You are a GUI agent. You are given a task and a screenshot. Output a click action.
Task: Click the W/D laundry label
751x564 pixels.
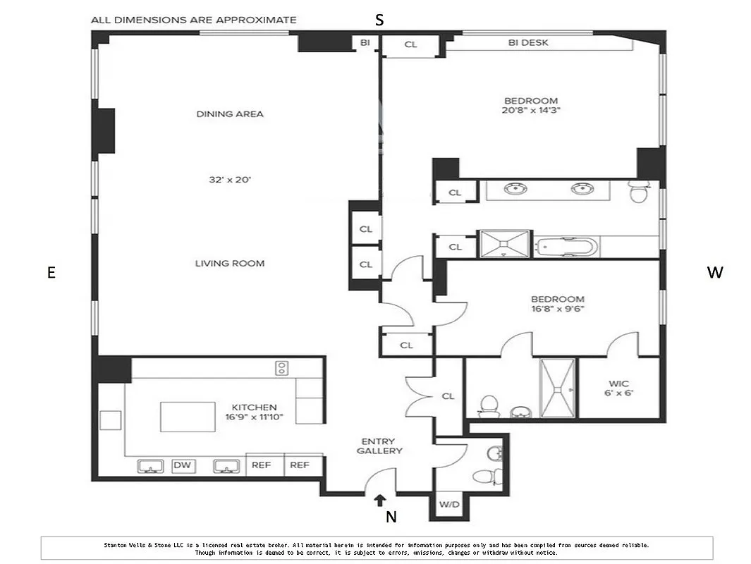coord(448,505)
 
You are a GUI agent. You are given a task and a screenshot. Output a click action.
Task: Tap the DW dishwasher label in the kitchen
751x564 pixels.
coord(182,465)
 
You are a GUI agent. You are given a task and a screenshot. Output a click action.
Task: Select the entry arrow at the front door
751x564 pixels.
coord(379,501)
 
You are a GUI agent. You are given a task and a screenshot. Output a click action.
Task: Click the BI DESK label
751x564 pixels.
coord(528,43)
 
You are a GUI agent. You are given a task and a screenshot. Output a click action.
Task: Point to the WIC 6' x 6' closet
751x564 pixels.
coord(618,388)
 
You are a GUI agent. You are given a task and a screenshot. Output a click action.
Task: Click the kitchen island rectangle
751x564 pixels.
coord(188,417)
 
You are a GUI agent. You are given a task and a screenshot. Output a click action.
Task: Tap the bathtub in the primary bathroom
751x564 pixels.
coord(566,247)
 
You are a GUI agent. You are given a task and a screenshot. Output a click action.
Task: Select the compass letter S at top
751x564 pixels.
coord(379,20)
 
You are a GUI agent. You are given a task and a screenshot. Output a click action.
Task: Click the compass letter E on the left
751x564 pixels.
coord(51,273)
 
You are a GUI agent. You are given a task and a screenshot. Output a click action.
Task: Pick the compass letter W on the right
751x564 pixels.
coord(714,273)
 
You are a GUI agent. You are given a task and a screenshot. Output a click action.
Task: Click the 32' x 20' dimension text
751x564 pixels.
coord(230,180)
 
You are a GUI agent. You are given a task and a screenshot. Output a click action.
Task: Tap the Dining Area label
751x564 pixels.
coord(230,114)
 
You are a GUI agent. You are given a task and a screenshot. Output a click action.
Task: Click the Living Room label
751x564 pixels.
coord(230,264)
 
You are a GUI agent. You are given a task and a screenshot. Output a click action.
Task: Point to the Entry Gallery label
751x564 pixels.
coord(379,446)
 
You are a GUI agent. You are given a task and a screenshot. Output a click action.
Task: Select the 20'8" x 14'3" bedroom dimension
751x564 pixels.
coord(531,111)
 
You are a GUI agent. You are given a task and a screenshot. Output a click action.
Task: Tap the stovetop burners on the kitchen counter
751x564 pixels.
coord(281,367)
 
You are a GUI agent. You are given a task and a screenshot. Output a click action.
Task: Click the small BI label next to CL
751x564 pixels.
coord(365,43)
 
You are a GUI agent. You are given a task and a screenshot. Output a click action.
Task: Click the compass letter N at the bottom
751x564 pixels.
coord(391,517)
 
